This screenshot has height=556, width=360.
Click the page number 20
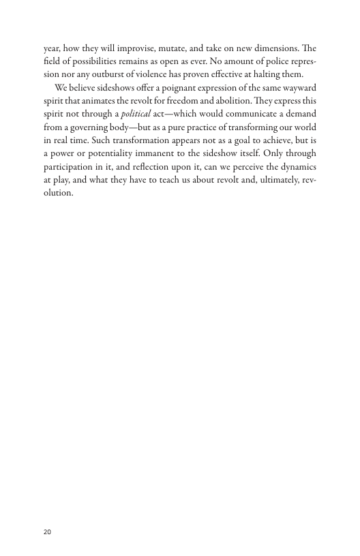[x=47, y=531]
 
